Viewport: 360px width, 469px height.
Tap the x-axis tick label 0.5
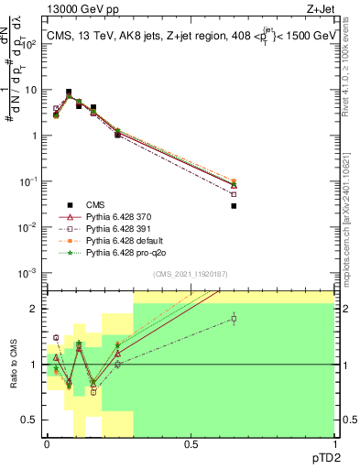pyautogui.click(x=191, y=443)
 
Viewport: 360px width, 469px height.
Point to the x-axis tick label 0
pyautogui.click(x=47, y=443)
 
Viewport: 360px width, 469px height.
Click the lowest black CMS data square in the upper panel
pyautogui.click(x=234, y=206)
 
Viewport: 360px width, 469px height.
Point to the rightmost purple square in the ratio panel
pyautogui.click(x=234, y=319)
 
